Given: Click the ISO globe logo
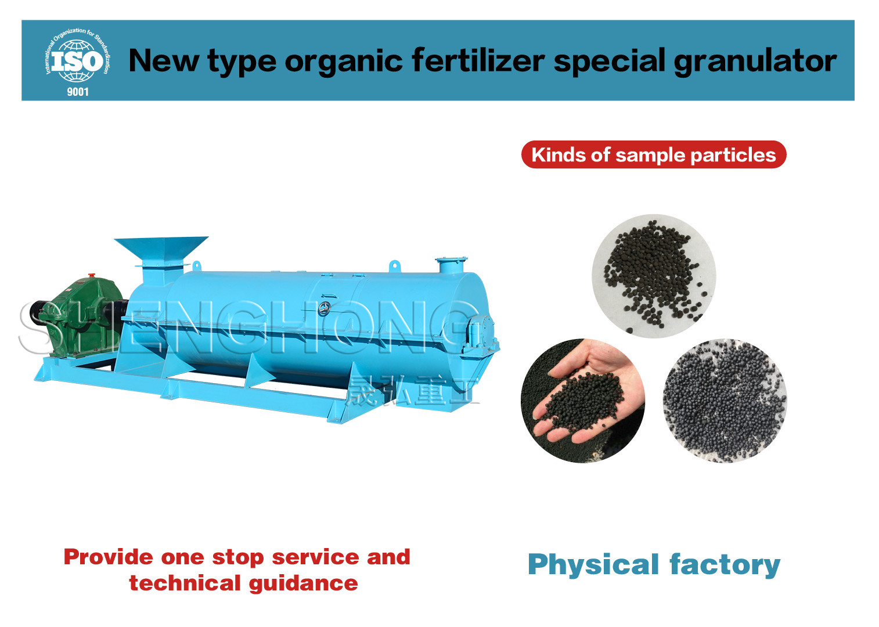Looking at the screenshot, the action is (78, 56).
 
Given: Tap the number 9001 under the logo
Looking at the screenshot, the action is (78, 92).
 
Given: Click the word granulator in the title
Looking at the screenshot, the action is (755, 62).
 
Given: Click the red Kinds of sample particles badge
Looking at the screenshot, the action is (654, 154).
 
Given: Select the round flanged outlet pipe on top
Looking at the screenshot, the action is (451, 265).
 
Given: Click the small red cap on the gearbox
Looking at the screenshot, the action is (92, 275).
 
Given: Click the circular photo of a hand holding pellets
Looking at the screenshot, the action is (583, 401).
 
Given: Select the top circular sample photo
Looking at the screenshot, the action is (654, 276).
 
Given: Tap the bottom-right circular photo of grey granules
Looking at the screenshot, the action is (725, 401).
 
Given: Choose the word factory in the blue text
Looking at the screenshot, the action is (725, 565).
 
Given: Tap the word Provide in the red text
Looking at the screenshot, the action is (109, 557).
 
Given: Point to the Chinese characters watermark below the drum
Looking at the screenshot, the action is (412, 390).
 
